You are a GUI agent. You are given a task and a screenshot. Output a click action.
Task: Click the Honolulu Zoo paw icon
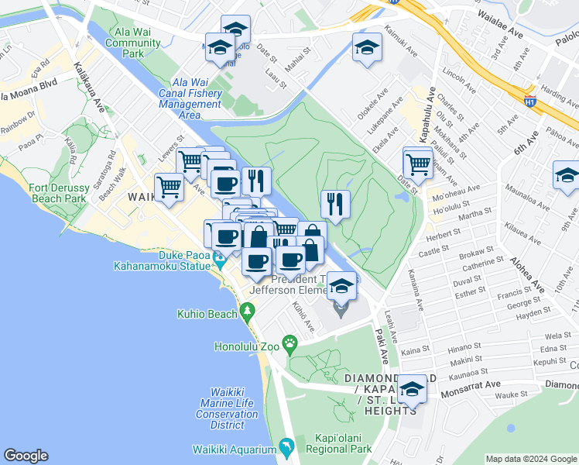[289, 343]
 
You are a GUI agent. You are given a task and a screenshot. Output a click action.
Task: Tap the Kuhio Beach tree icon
[248, 312]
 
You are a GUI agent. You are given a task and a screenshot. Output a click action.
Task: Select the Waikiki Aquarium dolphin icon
[286, 448]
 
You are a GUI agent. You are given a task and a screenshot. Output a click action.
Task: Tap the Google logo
[26, 456]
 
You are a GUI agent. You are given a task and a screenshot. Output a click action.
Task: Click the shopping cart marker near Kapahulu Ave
[418, 163]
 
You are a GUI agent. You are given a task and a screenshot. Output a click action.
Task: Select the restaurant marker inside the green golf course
[335, 204]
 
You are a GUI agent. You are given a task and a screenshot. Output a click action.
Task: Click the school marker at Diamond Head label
[412, 388]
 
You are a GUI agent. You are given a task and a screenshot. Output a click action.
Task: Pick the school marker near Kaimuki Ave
[366, 48]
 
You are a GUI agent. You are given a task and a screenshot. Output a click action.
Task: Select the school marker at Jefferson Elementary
[341, 288]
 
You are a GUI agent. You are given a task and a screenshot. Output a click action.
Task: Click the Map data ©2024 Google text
[531, 459]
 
